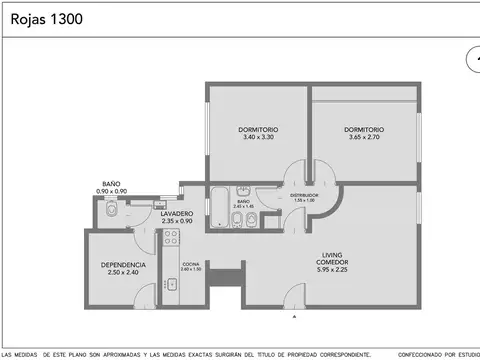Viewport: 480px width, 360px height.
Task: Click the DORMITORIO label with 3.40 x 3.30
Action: pos(258,130)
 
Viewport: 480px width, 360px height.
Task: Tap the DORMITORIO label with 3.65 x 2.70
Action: pos(364,130)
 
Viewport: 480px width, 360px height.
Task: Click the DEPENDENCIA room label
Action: pos(124,265)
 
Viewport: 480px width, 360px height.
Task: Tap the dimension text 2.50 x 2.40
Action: pos(124,273)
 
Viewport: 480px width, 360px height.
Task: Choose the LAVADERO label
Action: pos(148,213)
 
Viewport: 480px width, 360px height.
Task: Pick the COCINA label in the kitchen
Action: pos(190,263)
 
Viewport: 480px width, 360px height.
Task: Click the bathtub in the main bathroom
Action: pos(219,207)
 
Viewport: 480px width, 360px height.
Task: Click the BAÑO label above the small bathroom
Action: pos(111,184)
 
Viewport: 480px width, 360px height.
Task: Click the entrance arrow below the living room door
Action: pos(294,317)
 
